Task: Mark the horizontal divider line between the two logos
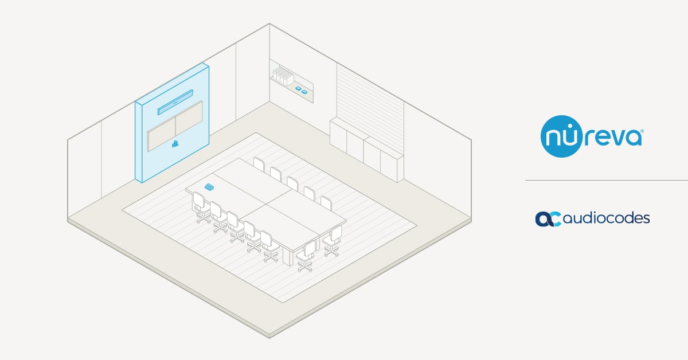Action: pyautogui.click(x=607, y=180)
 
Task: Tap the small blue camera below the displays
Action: pyautogui.click(x=174, y=144)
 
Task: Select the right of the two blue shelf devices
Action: pyautogui.click(x=305, y=91)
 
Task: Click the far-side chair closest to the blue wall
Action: pyautogui.click(x=259, y=165)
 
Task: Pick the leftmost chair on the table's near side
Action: pyautogui.click(x=200, y=204)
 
